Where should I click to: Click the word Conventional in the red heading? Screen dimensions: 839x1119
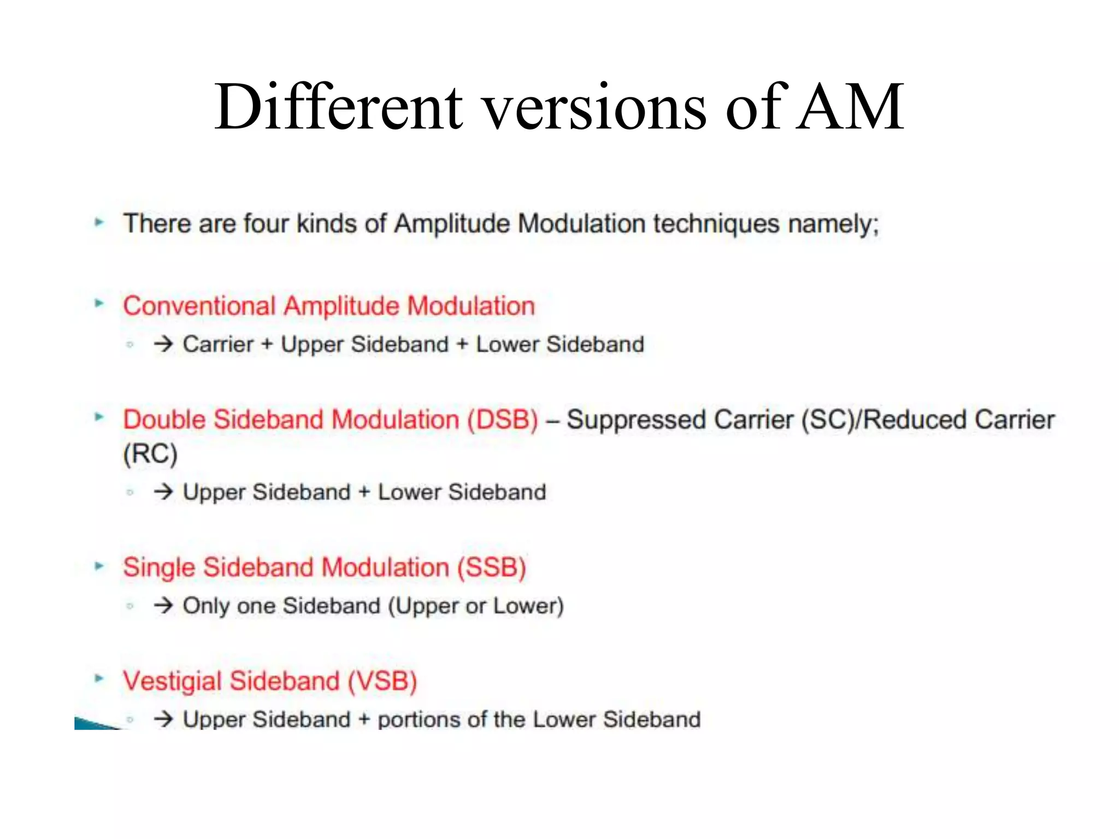click(x=199, y=306)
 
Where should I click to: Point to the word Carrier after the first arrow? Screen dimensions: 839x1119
click(x=218, y=345)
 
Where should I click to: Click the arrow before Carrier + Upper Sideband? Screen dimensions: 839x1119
click(x=163, y=344)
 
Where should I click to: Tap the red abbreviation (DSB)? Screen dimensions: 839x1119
click(x=503, y=420)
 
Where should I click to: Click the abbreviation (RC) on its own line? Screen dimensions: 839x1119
click(x=150, y=454)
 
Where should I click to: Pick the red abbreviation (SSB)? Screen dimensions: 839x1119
click(x=491, y=568)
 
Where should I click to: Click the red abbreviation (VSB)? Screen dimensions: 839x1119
click(x=382, y=681)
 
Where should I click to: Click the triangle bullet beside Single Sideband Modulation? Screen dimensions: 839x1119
click(x=99, y=566)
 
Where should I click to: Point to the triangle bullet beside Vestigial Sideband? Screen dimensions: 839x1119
click(x=99, y=679)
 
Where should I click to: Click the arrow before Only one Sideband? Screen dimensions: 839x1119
click(x=163, y=605)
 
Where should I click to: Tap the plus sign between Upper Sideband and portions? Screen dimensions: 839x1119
click(x=364, y=720)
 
